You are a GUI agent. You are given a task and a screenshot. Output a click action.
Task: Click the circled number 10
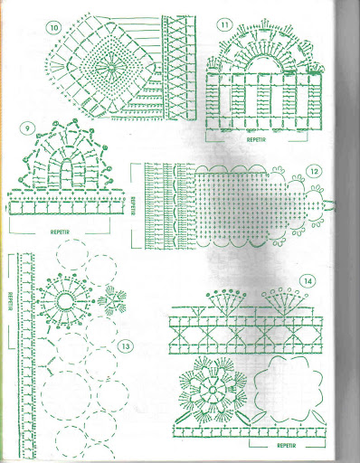pos(53,28)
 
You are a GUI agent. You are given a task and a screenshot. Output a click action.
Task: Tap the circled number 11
pos(225,25)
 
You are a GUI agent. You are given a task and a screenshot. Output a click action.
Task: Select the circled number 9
pos(27,128)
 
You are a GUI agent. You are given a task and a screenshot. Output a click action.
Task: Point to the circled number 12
pos(314,172)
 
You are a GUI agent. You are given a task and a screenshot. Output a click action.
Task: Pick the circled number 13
pos(126,346)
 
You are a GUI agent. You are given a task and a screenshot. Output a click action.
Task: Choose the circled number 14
pos(308,281)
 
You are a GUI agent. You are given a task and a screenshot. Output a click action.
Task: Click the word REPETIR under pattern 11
pos(257,140)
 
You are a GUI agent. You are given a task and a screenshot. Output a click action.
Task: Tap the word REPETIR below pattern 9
pos(60,232)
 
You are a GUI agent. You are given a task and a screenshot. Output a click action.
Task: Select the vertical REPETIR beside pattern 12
pos(132,206)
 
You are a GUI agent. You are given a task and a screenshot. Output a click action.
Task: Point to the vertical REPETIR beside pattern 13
pos(10,301)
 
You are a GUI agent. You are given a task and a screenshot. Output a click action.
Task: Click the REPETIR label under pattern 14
pos(287,446)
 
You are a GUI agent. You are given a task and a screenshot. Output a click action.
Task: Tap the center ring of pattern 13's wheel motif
pos(65,301)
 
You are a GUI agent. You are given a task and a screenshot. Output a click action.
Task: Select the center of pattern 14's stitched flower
pos(213,389)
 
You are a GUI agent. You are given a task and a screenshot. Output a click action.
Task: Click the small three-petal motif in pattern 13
pos(112,300)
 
